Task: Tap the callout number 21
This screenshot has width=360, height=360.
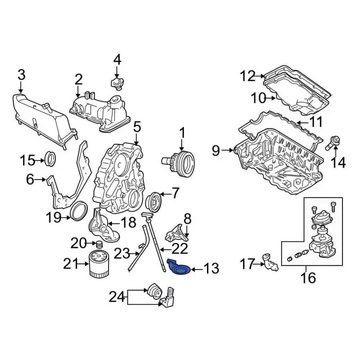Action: click(70, 263)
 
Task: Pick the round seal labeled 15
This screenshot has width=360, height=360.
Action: click(51, 160)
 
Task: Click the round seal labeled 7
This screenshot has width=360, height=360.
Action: click(153, 201)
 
